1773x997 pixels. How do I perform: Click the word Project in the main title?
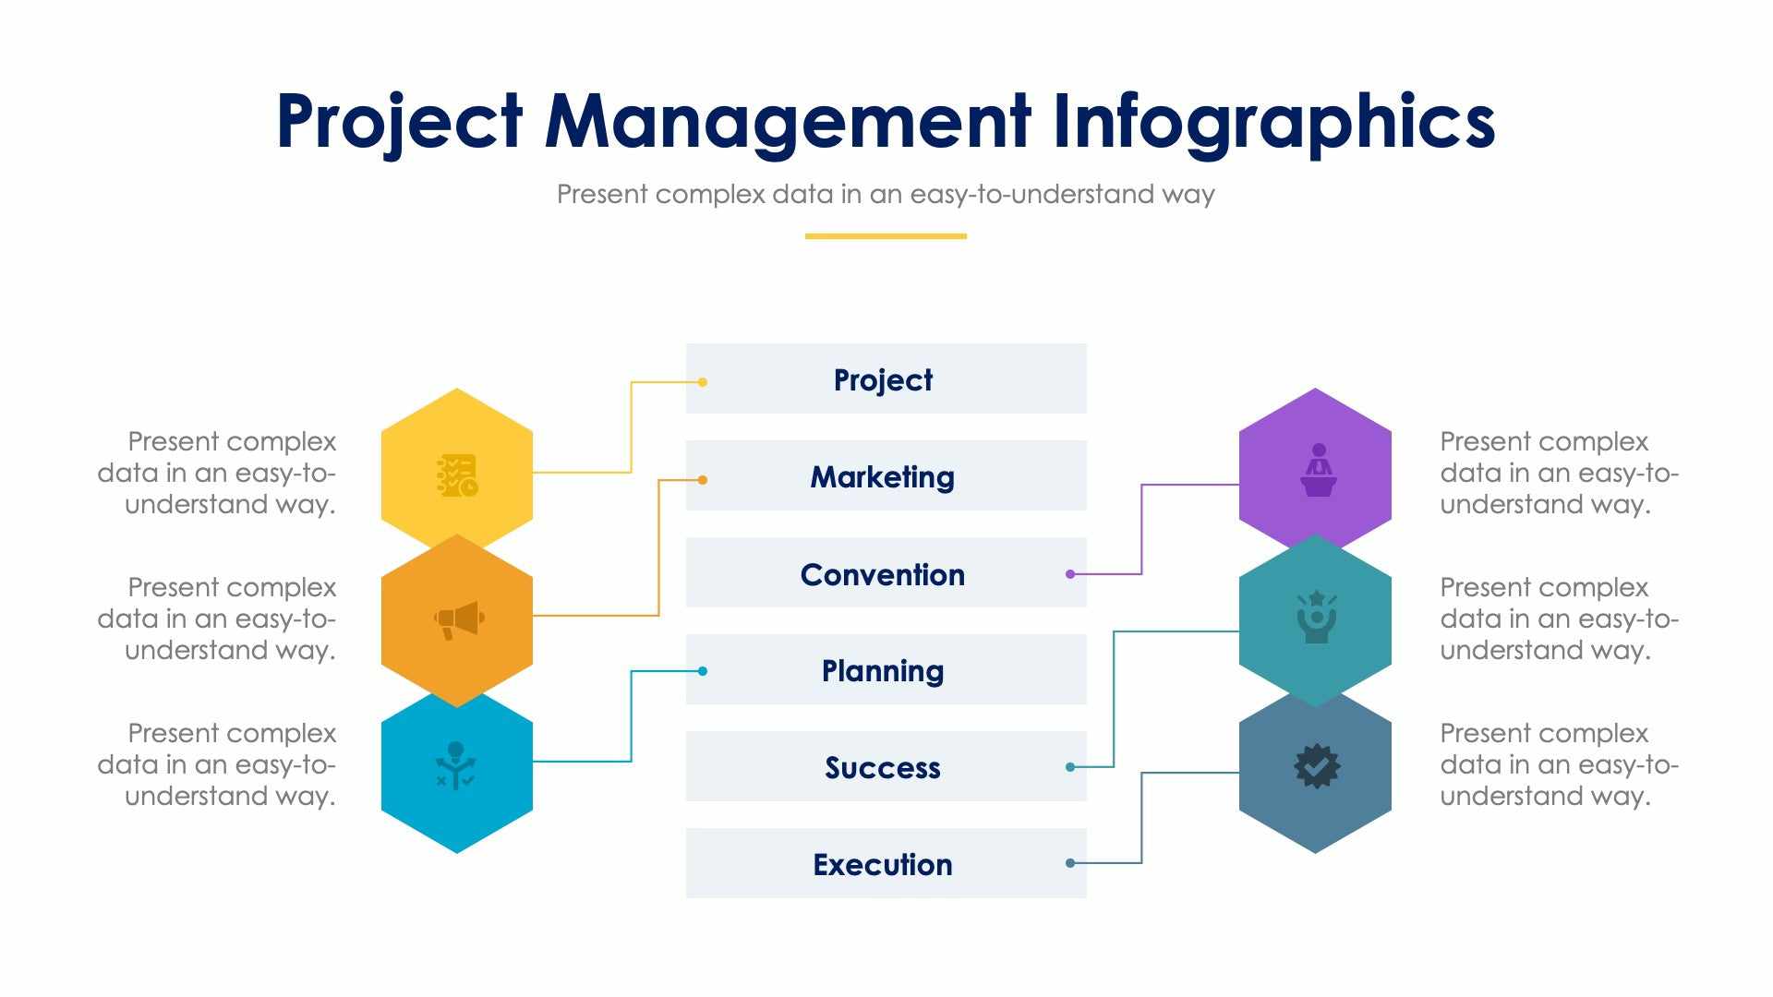click(399, 122)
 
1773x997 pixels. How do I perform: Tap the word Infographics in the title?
click(1273, 122)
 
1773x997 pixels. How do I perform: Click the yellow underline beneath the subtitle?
click(886, 236)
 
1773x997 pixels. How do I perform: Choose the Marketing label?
click(883, 476)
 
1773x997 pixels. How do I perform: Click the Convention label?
click(883, 574)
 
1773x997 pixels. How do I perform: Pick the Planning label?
click(883, 670)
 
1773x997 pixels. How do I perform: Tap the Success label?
click(883, 767)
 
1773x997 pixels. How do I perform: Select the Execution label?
click(883, 864)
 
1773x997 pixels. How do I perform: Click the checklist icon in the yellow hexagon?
click(457, 474)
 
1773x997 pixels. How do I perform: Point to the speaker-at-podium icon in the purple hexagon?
click(1318, 470)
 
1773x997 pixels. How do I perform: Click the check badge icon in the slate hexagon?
click(1317, 765)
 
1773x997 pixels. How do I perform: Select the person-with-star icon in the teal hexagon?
click(1317, 617)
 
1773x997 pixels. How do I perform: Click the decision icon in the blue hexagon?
click(455, 764)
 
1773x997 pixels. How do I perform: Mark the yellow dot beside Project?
click(703, 382)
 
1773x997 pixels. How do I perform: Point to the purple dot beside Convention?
click(1070, 574)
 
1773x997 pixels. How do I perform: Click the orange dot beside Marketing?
click(703, 480)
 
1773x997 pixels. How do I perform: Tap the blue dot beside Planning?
click(703, 671)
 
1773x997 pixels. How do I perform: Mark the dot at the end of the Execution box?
click(1070, 863)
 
